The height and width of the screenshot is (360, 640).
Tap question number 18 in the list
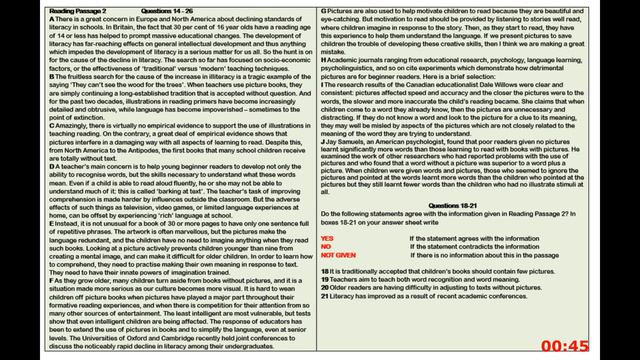(x=325, y=271)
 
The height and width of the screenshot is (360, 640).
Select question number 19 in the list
(x=325, y=279)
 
